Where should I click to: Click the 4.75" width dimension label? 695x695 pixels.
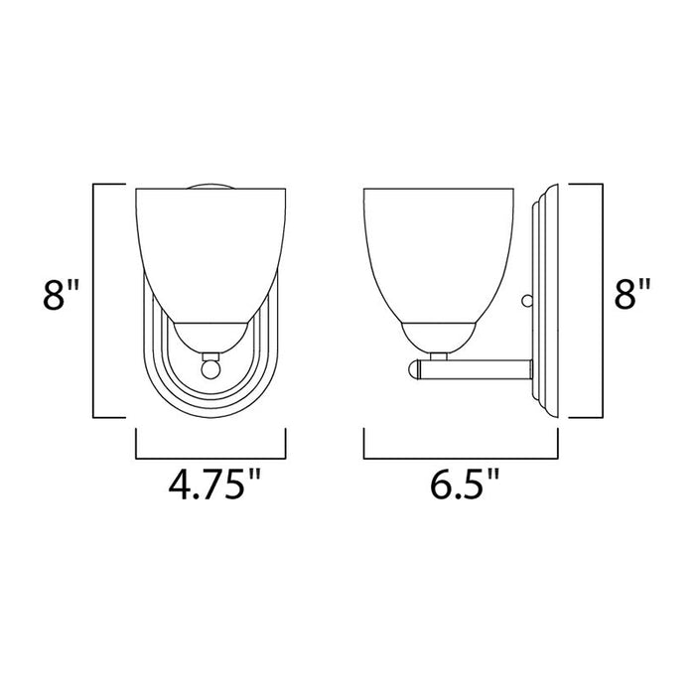(x=210, y=486)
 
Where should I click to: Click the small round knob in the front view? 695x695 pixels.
(x=209, y=368)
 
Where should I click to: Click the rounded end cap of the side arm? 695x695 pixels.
(x=413, y=371)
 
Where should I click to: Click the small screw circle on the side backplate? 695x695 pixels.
(x=527, y=299)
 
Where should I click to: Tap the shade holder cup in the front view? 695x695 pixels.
(x=209, y=338)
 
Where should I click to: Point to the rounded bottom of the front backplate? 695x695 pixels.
(x=210, y=407)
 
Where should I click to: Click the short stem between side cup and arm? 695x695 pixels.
(x=439, y=355)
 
